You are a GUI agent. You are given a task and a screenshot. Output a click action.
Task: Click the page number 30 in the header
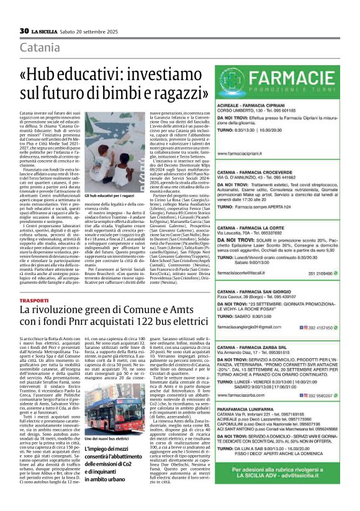pos(24,31)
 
